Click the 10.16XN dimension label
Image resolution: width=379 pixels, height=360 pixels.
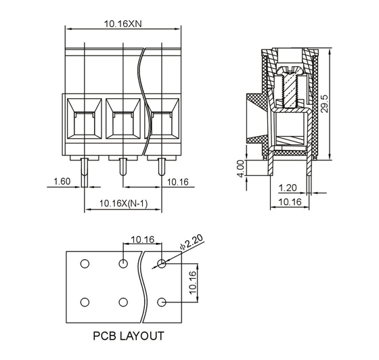[122, 24]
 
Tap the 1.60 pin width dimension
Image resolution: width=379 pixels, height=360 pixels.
[62, 181]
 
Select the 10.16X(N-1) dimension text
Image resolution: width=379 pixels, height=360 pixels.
[123, 204]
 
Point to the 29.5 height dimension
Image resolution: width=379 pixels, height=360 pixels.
[325, 104]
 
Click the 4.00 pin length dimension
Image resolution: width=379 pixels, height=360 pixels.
[241, 168]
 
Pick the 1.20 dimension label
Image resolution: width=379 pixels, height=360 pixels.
[288, 187]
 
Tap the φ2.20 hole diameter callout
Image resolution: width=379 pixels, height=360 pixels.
[192, 242]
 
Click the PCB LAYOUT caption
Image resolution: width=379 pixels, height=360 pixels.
[129, 336]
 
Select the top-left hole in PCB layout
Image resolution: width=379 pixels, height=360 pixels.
[85, 264]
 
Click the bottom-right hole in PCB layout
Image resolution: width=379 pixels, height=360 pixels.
[162, 302]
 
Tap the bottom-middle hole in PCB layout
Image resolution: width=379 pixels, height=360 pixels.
[123, 302]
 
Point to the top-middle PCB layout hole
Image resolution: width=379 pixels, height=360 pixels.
[123, 264]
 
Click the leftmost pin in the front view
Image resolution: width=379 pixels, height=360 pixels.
[85, 173]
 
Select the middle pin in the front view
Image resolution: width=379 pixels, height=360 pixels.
[123, 166]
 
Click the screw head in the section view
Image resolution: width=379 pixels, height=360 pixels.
[290, 70]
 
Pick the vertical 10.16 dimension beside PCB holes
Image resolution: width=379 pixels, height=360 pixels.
[193, 283]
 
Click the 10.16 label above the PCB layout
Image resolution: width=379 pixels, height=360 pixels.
[143, 240]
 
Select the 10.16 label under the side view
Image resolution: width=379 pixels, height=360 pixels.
[290, 202]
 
